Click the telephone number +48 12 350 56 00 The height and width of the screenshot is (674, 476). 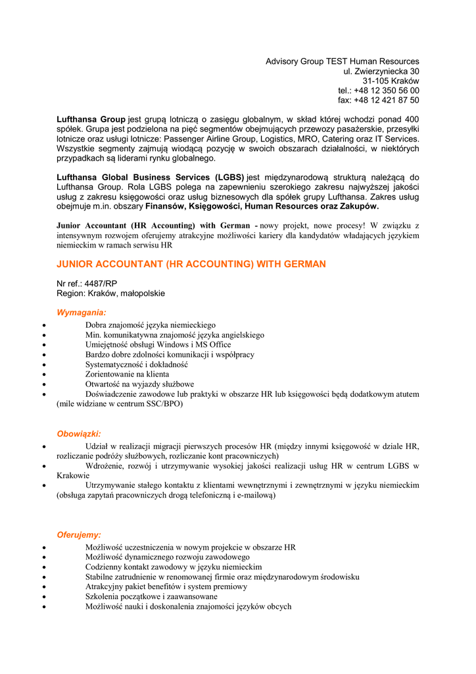pyautogui.click(x=388, y=91)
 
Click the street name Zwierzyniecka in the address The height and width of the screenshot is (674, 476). pyautogui.click(x=379, y=71)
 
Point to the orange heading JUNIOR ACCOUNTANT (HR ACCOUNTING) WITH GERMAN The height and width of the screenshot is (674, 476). pyautogui.click(x=191, y=265)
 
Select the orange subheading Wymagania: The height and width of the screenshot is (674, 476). pyautogui.click(x=82, y=313)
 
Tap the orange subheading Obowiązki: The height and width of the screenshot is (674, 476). pyautogui.click(x=79, y=434)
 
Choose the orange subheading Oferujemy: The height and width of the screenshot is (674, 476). pyautogui.click(x=79, y=535)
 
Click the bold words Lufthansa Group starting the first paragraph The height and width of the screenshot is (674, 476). pyautogui.click(x=91, y=119)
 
